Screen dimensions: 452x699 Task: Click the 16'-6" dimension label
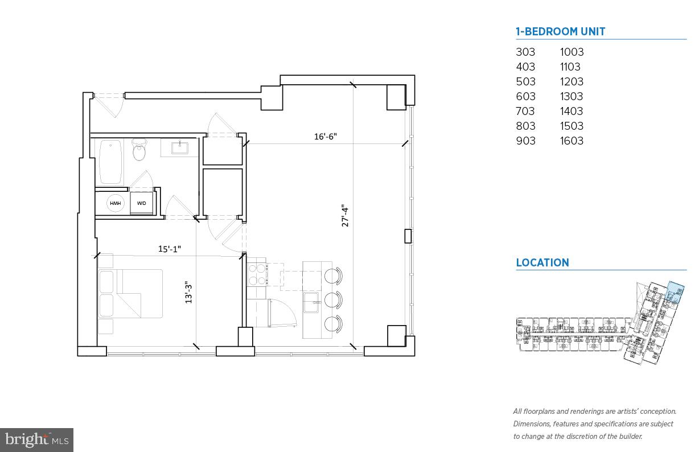(326, 137)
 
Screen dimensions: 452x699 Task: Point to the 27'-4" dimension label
(345, 216)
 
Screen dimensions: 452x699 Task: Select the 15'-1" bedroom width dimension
(170, 249)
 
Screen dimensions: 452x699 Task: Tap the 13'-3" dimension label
(188, 290)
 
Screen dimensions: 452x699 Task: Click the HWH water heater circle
(116, 203)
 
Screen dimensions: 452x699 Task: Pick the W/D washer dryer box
(141, 203)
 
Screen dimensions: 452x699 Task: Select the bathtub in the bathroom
(110, 162)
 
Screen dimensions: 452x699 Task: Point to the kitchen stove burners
(256, 272)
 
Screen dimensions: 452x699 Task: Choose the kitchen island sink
(311, 303)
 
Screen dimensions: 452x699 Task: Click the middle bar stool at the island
(332, 299)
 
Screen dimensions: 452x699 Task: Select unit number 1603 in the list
(571, 141)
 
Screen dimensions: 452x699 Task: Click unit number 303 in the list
(525, 52)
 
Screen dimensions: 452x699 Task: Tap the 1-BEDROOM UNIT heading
(560, 32)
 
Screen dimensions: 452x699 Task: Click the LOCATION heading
(542, 263)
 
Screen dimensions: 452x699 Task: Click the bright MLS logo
(36, 439)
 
